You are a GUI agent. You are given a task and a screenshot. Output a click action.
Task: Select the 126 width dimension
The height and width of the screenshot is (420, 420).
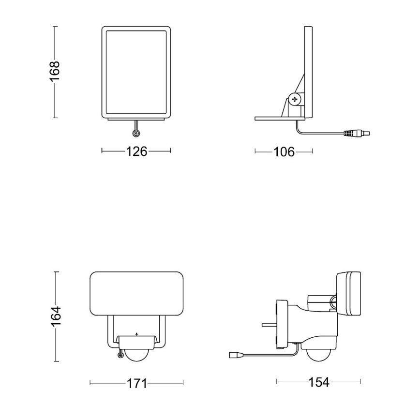coord(136,151)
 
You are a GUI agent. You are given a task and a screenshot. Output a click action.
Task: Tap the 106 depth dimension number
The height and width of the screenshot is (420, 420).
coord(284,152)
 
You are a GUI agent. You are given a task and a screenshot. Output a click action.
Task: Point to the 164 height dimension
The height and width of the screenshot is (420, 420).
coord(56,316)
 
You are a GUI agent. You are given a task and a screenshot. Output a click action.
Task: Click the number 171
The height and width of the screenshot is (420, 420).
coord(136,384)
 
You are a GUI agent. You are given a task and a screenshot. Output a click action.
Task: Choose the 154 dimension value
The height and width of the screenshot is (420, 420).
coord(318,382)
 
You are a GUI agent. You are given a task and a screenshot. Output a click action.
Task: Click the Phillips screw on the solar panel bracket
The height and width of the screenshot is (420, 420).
coord(295,99)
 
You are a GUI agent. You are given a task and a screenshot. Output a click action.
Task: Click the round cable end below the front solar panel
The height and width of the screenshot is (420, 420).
coord(136,134)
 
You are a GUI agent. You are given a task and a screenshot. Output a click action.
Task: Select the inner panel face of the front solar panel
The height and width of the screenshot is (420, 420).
coord(136,73)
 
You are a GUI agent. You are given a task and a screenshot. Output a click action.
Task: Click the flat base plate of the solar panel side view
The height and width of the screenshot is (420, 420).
coord(280,118)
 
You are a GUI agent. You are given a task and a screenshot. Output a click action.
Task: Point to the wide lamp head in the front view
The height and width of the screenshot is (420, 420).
coord(136,294)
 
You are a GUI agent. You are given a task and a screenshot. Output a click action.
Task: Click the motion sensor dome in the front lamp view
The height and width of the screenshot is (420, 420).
coord(137,354)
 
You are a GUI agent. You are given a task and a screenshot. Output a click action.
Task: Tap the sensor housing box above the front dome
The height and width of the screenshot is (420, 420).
coord(136,342)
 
